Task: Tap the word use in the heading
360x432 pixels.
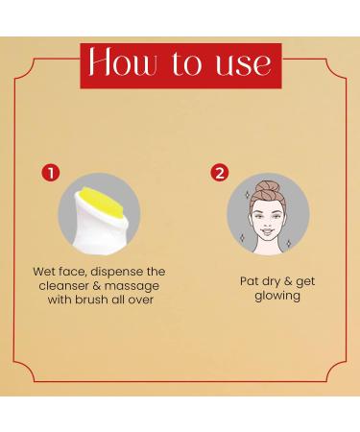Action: tap(236, 65)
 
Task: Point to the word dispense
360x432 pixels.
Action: tap(119, 271)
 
